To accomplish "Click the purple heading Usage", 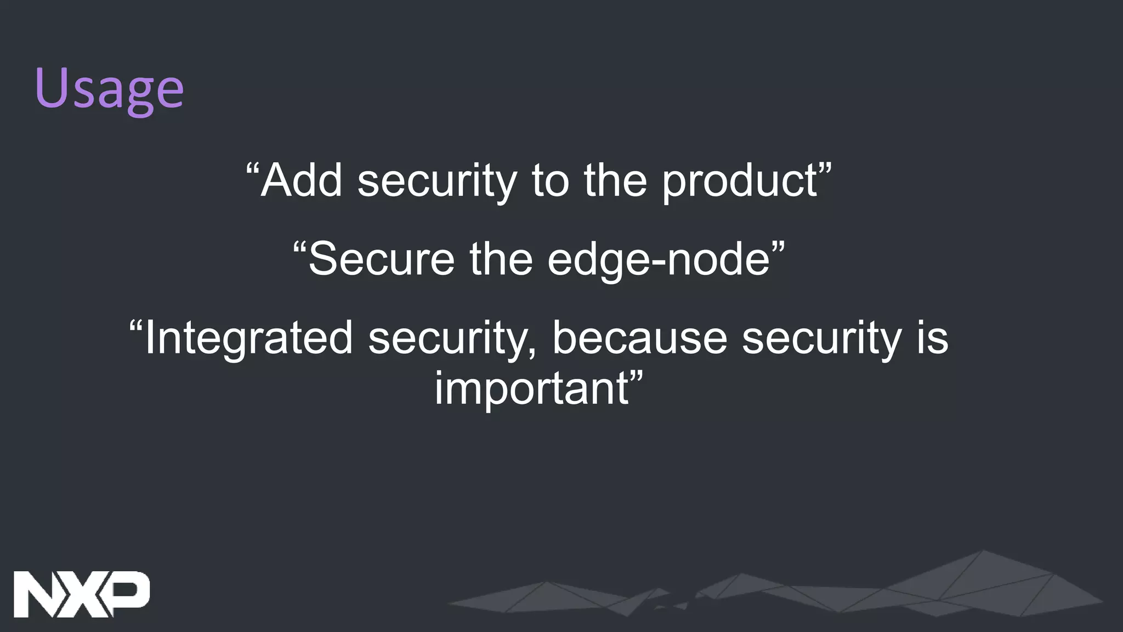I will (x=109, y=89).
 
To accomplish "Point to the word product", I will (x=740, y=182).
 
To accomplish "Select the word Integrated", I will (x=248, y=339).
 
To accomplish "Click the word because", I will (x=639, y=338).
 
